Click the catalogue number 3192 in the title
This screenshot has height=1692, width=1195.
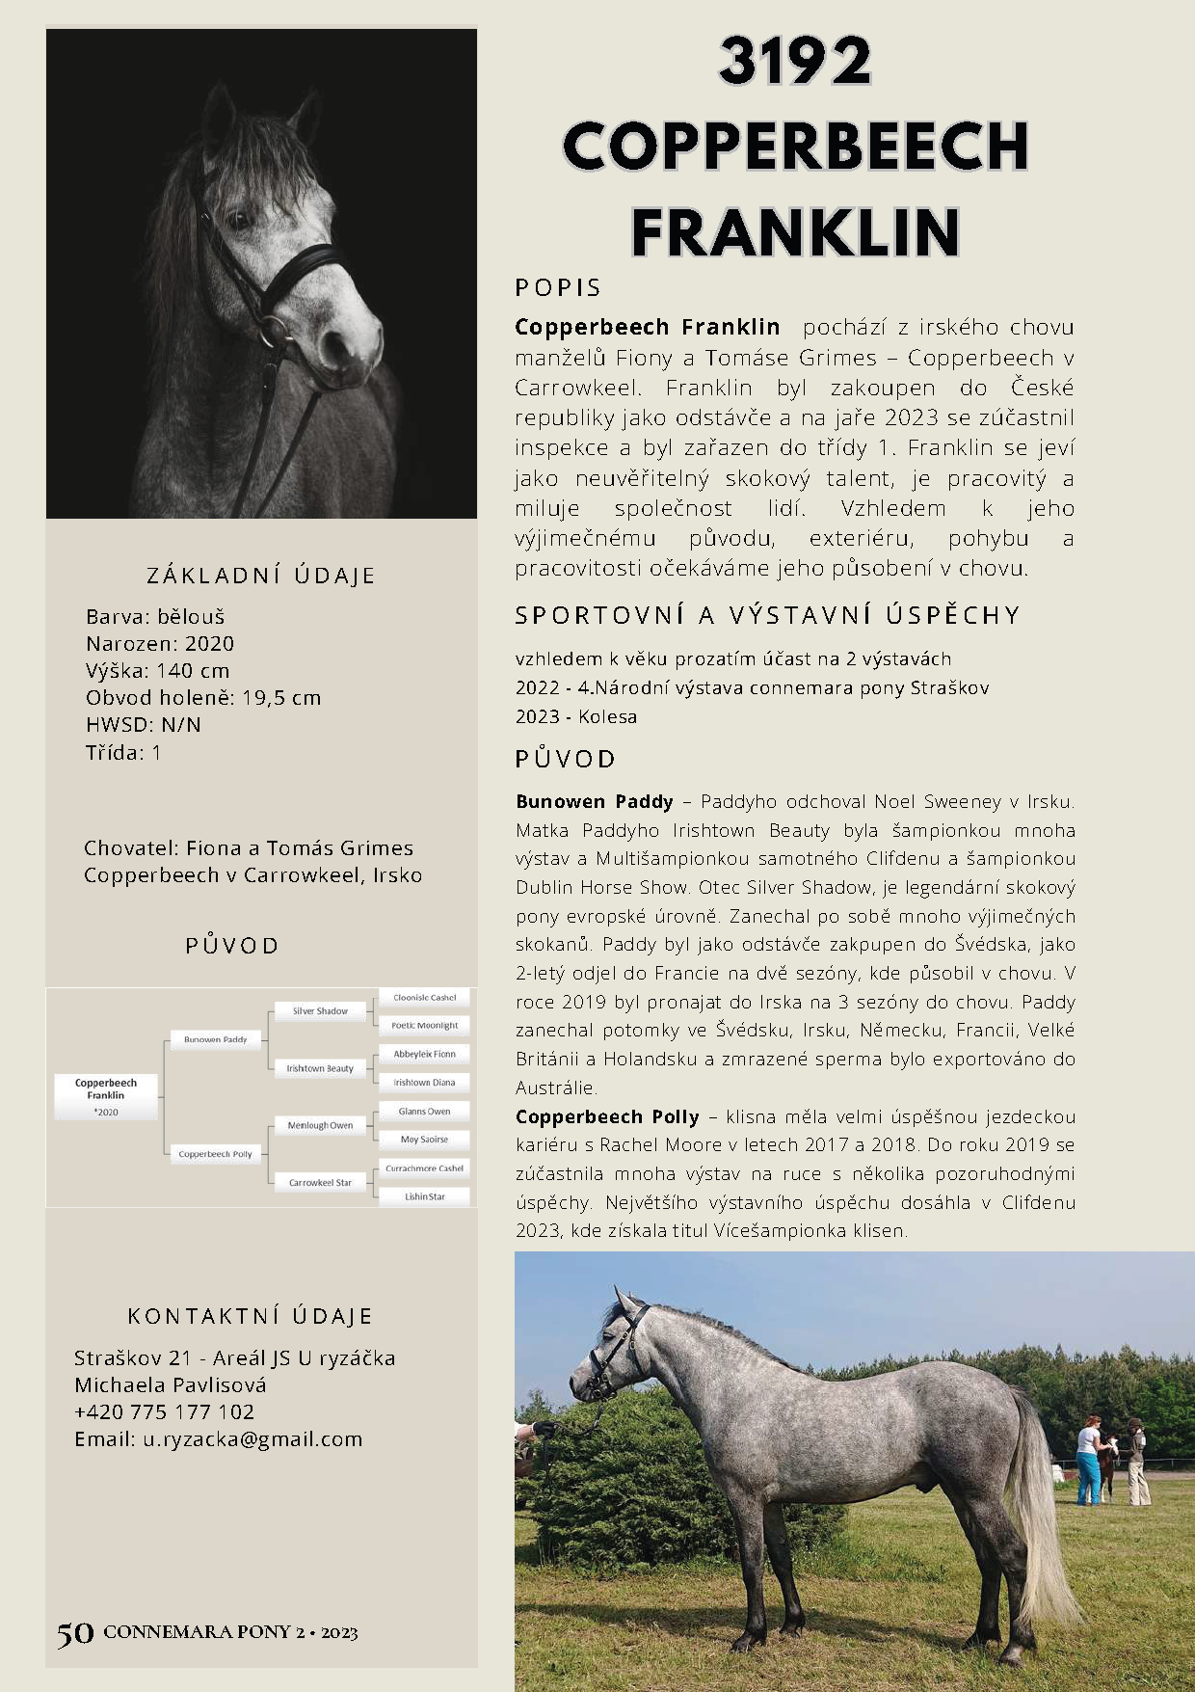tap(795, 63)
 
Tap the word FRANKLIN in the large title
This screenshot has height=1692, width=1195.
tap(795, 231)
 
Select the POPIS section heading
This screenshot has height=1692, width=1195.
tap(558, 287)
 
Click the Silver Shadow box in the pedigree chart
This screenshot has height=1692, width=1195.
tap(320, 1011)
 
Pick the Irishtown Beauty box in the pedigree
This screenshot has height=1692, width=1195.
tap(320, 1068)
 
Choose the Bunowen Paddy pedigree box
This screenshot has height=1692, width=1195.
tap(215, 1039)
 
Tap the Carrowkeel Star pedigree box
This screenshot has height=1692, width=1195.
tap(320, 1182)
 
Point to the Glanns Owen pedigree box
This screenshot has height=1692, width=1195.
tap(424, 1112)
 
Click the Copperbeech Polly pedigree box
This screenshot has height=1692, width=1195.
tap(215, 1154)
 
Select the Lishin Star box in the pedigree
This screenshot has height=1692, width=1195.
tap(424, 1196)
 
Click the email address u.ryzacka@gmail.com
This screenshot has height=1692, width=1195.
tap(252, 1439)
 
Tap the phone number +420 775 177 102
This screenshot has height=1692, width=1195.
tap(164, 1412)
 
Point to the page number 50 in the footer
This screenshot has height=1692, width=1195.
tap(75, 1633)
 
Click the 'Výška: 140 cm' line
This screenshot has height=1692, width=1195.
tap(157, 671)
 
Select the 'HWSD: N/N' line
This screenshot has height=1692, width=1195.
tap(143, 725)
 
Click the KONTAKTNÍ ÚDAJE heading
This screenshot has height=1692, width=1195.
tap(250, 1316)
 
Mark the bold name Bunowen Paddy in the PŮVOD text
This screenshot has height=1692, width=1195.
tap(594, 802)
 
